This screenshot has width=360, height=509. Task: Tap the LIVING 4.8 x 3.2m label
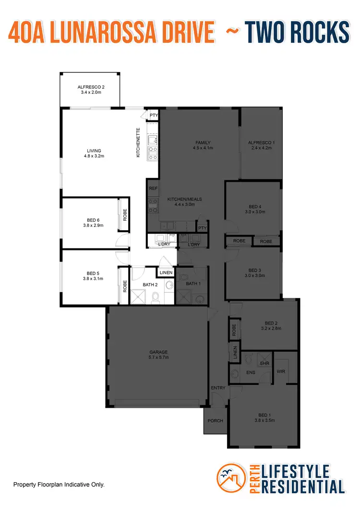[x=94, y=153]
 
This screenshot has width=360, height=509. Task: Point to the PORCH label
[x=216, y=421]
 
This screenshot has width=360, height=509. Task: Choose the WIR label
[x=281, y=371]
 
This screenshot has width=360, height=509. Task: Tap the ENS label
[x=251, y=372]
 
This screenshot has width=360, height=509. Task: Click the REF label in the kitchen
[x=153, y=189]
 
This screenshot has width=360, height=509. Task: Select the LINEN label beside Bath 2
[x=166, y=272]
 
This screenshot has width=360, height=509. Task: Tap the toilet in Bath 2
[x=155, y=299]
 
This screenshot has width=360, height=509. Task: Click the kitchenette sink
[x=153, y=140]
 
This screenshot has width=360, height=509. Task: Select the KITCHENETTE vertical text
[x=138, y=142]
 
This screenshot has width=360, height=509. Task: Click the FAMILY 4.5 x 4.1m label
[x=204, y=145]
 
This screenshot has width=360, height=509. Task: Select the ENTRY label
[x=218, y=388]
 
